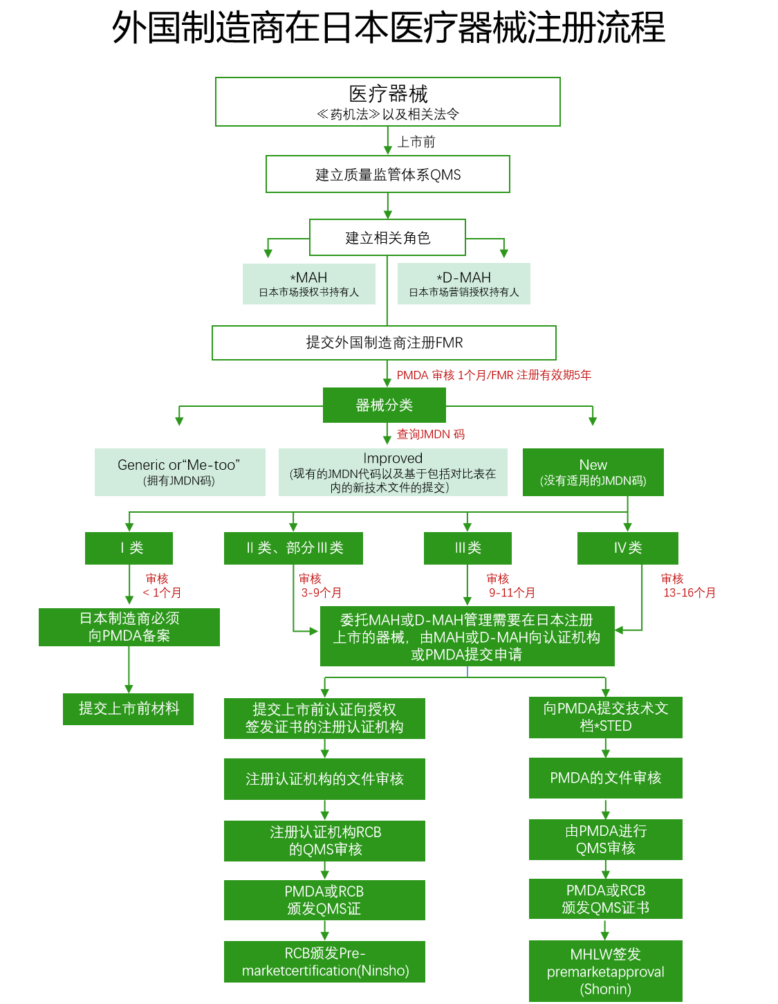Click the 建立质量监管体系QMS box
click(x=388, y=174)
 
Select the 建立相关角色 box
click(x=387, y=238)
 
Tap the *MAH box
click(x=309, y=284)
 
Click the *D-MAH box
click(x=464, y=284)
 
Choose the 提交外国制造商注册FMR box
click(x=384, y=343)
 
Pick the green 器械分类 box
click(x=384, y=405)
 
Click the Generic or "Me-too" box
click(x=180, y=472)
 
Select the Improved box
click(x=393, y=472)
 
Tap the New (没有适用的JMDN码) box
click(x=593, y=472)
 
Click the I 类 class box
click(x=129, y=548)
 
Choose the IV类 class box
click(x=627, y=548)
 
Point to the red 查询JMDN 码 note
click(x=430, y=435)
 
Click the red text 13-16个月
click(x=689, y=593)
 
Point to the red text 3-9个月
click(x=321, y=593)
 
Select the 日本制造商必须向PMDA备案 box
click(x=129, y=627)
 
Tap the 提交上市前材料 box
click(x=129, y=709)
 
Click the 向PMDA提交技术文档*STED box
click(x=605, y=717)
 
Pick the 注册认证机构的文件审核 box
click(x=324, y=779)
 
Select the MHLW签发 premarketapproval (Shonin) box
click(x=605, y=971)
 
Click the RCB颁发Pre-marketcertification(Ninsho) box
click(x=324, y=962)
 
